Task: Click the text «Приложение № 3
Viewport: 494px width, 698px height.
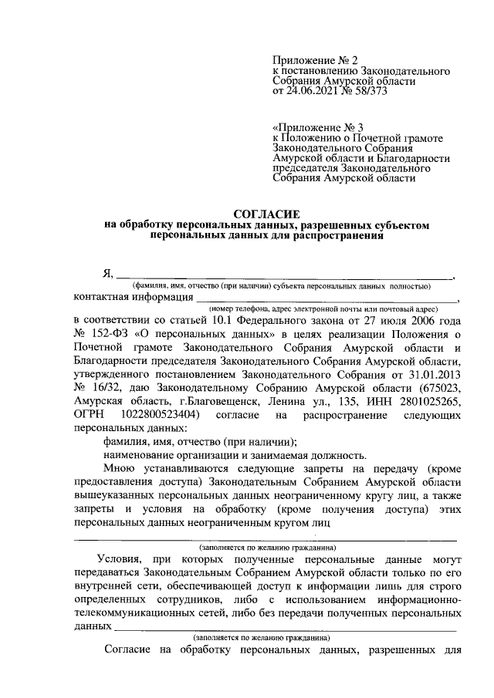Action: [x=316, y=126]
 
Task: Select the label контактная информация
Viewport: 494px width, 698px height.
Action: [x=133, y=297]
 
